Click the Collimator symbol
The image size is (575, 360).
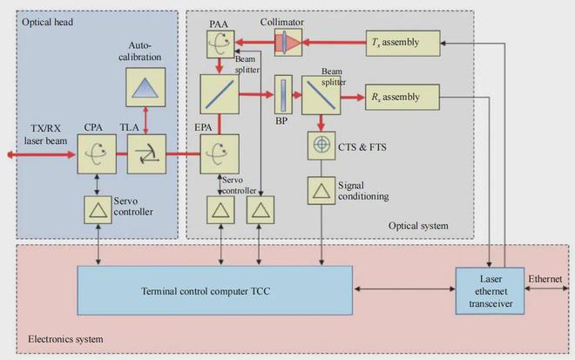point(287,42)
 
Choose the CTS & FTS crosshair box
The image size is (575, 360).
point(321,145)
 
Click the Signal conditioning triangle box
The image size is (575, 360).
point(321,189)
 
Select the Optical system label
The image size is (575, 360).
point(418,226)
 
